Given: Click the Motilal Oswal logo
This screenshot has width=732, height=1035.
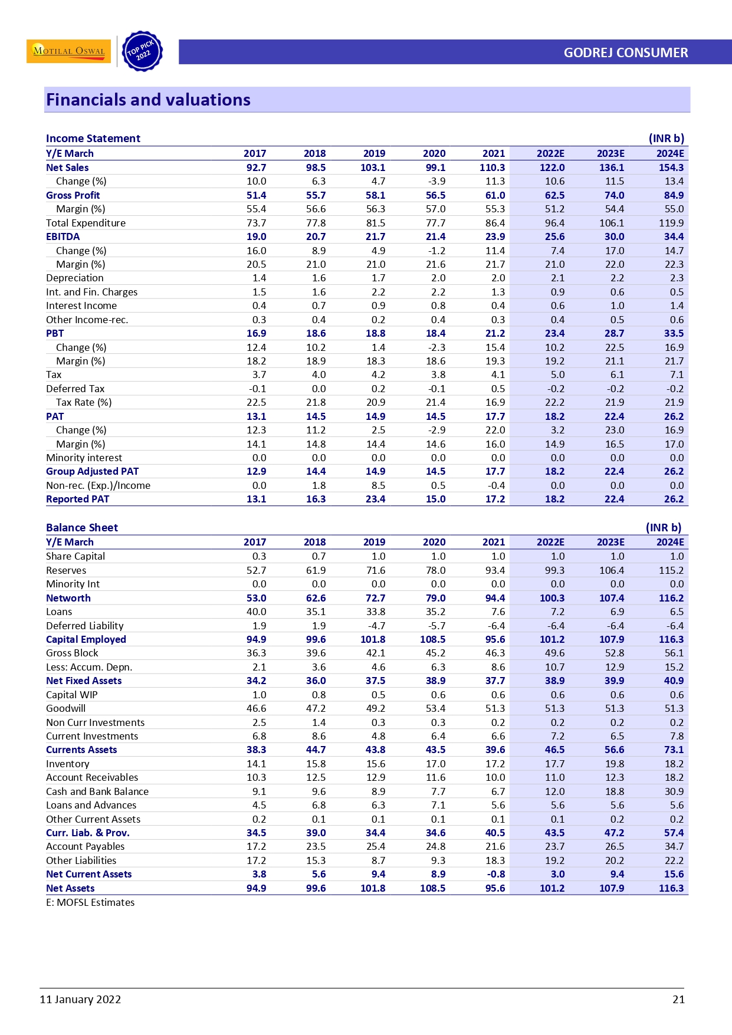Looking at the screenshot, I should pos(68,51).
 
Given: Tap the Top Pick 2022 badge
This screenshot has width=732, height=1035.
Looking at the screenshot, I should pos(142,51).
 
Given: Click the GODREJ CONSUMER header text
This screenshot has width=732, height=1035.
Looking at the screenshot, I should pos(625,52).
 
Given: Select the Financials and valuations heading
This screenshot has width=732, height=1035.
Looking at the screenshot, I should pos(148,100).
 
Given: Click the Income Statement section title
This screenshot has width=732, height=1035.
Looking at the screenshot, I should pos(93,139).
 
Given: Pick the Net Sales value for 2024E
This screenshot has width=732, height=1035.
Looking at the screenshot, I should pos(671,167).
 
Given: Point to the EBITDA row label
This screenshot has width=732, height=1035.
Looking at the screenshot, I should pos(63,236).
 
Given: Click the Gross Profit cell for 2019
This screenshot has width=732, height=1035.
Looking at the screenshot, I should pos(375,195).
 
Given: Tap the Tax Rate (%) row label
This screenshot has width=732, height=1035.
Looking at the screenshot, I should pos(83,402).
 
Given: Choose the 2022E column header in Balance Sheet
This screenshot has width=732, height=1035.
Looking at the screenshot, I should pos(550,542).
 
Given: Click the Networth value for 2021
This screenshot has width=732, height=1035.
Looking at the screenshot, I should pos(495,598).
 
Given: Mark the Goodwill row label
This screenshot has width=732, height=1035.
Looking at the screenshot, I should pos(65,708).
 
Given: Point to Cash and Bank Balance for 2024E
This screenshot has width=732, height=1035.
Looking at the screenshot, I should pos(674,791).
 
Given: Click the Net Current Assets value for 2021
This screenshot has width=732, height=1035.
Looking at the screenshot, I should pos(496,874).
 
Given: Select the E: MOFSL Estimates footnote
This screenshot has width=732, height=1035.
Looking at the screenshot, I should pos(90,902).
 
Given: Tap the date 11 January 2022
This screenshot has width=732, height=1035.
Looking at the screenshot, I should pos(80,999).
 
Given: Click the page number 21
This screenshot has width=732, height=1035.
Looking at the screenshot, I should pos(678,999).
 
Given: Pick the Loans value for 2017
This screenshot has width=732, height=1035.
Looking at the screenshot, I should pos(256,612).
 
